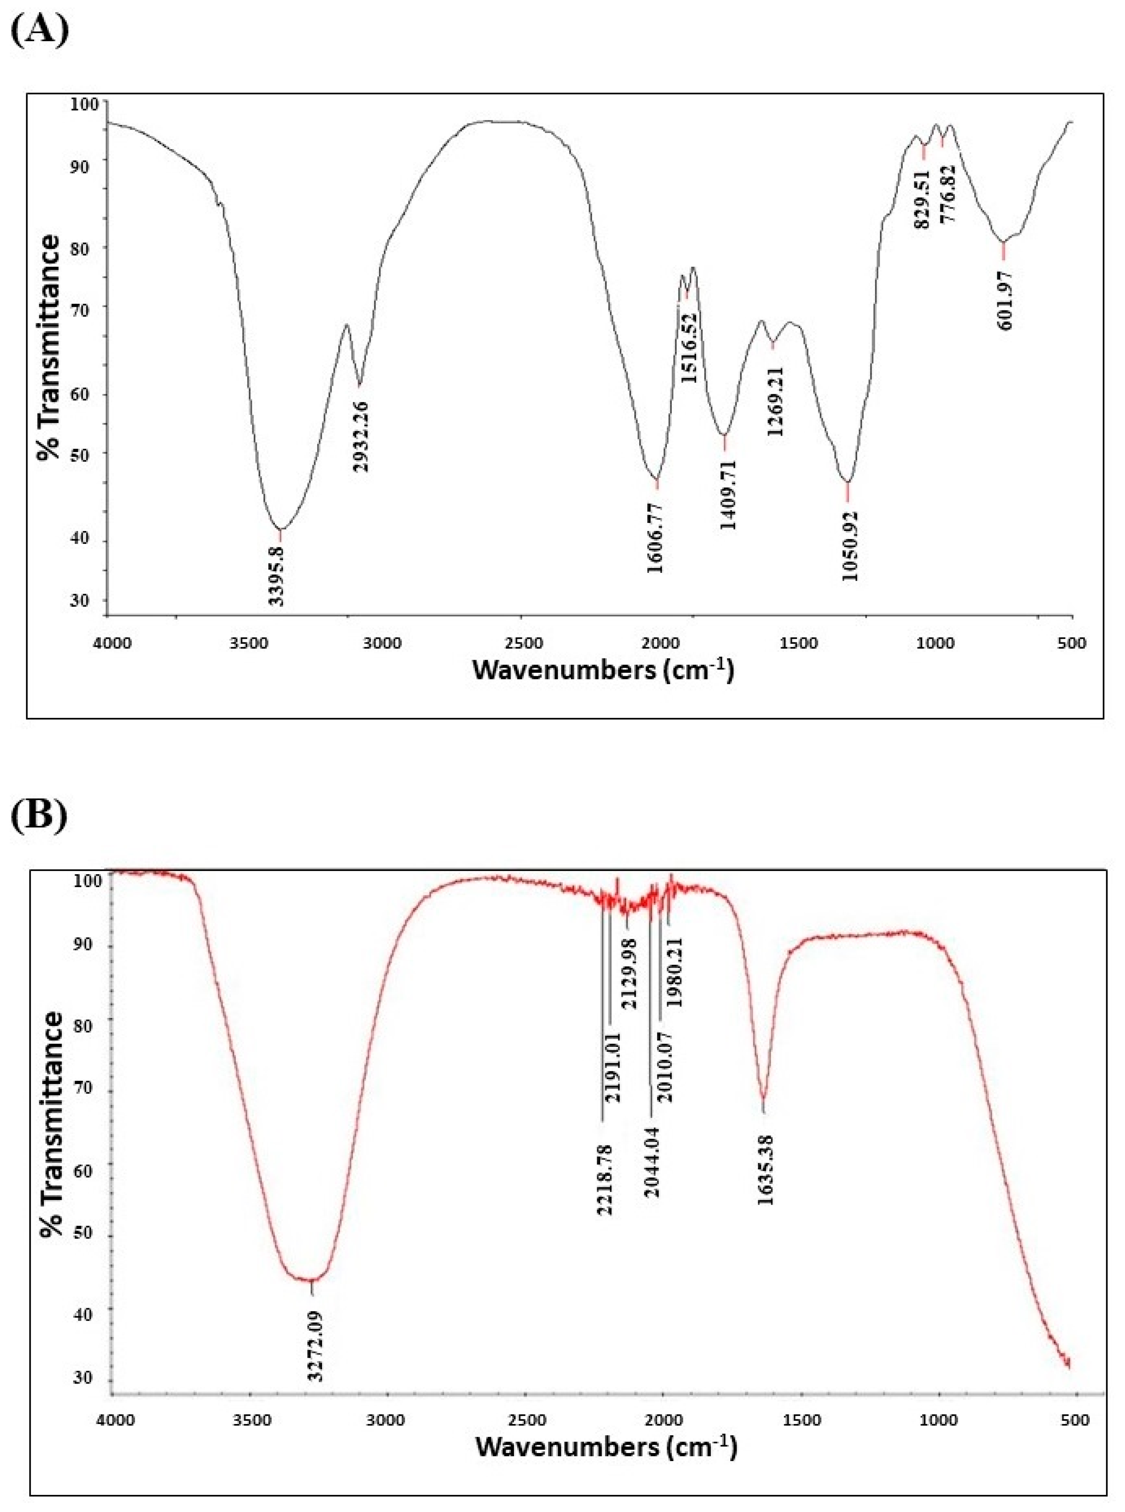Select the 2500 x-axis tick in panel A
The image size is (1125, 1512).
point(521,643)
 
